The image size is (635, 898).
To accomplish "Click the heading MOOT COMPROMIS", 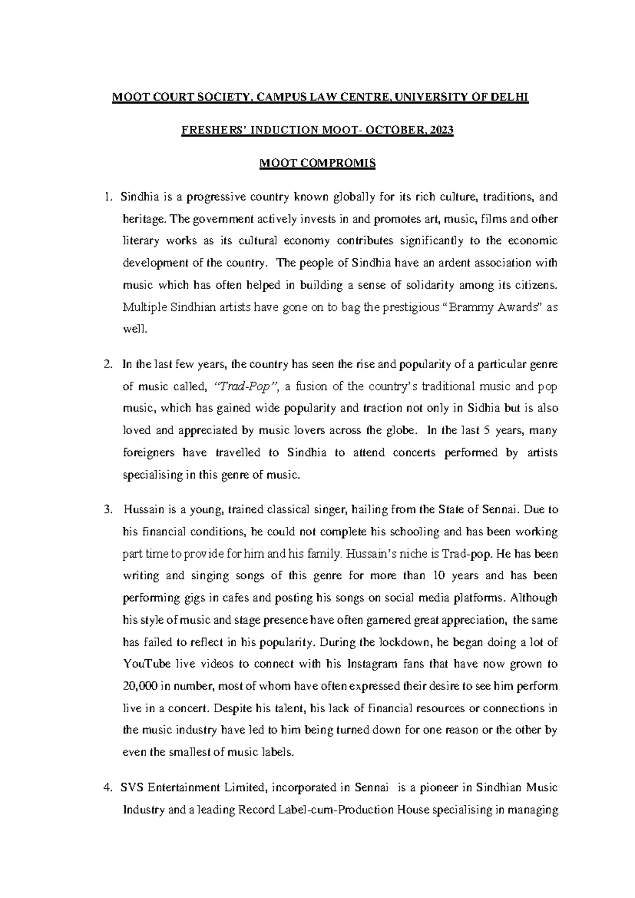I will [x=317, y=163].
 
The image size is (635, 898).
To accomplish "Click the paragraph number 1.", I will [x=108, y=197].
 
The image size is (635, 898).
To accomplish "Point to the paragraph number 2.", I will [x=108, y=365].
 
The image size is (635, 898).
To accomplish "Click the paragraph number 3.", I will [x=108, y=510].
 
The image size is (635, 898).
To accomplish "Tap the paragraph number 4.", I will [x=108, y=788].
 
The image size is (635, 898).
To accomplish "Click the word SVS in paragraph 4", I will [x=132, y=788].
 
